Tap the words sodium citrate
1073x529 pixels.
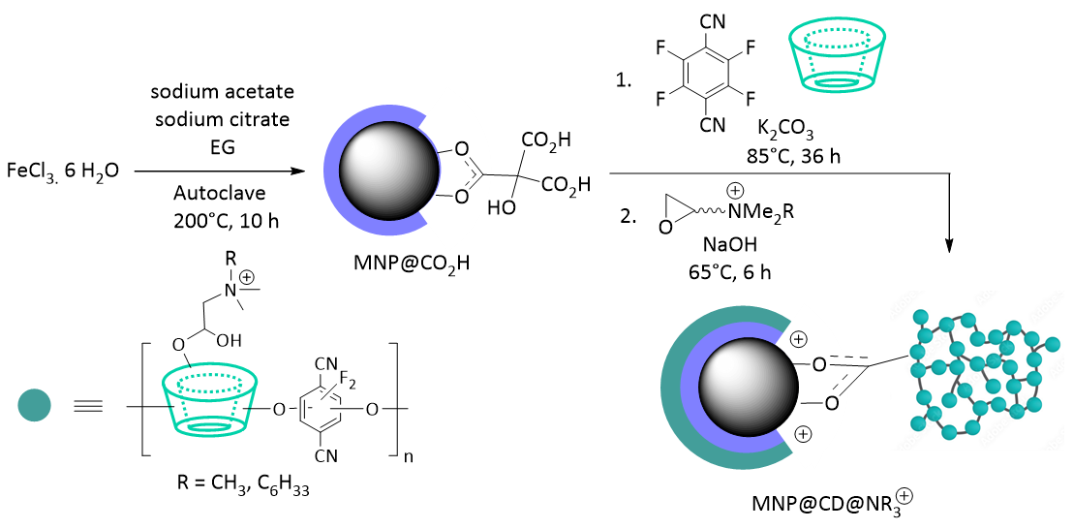[222, 120]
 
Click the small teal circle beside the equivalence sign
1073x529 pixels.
[34, 405]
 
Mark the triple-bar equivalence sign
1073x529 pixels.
[88, 407]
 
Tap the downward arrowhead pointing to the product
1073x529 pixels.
[951, 243]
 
